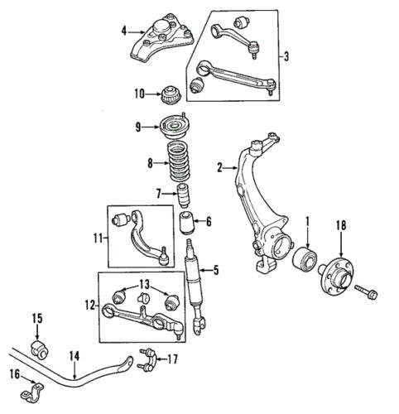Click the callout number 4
pyautogui.click(x=123, y=31)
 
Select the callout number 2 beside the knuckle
pyautogui.click(x=220, y=168)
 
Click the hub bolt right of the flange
pyautogui.click(x=367, y=292)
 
